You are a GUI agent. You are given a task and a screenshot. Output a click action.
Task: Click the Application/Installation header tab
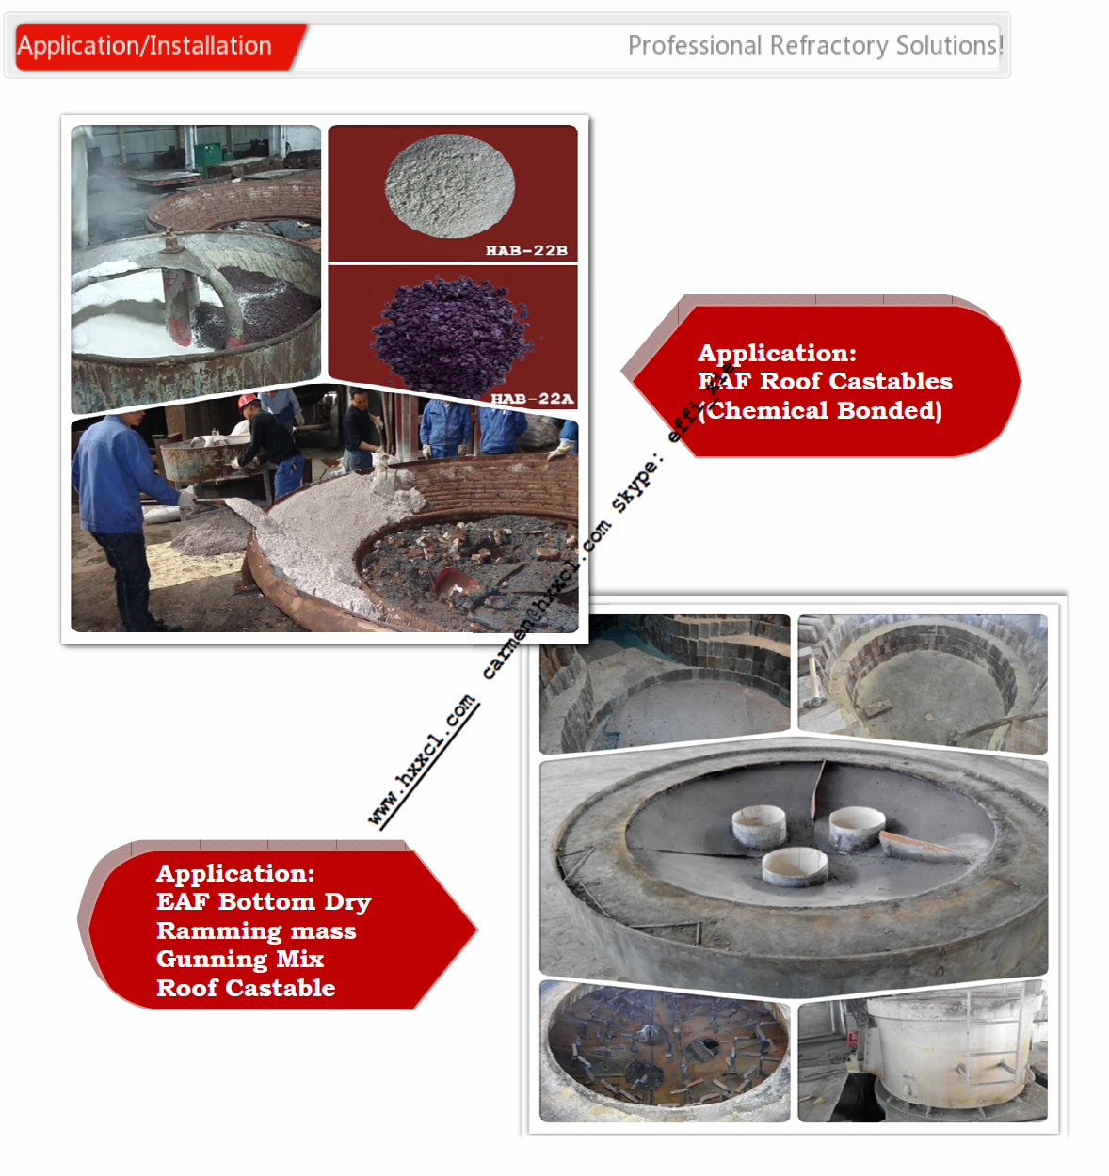tap(146, 46)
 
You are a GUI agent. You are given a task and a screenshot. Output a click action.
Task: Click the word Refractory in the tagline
tap(828, 46)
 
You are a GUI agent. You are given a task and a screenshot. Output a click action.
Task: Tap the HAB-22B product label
tap(526, 250)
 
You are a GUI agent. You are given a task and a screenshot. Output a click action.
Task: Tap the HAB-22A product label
tap(532, 399)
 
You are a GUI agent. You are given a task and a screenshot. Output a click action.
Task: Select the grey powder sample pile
tap(449, 184)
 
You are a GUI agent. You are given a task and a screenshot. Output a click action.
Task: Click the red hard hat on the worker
tap(248, 403)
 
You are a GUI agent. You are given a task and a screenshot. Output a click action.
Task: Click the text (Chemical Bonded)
tap(820, 411)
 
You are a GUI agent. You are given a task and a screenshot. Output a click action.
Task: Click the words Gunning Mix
tap(240, 960)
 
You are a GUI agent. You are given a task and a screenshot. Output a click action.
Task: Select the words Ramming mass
tap(256, 931)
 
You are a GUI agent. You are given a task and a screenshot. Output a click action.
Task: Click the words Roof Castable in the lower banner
tap(246, 989)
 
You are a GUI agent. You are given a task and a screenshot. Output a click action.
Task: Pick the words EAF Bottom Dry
tap(264, 902)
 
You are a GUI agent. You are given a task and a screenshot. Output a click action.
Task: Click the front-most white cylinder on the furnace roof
tap(795, 867)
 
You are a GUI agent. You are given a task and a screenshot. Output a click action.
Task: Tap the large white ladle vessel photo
tap(923, 1051)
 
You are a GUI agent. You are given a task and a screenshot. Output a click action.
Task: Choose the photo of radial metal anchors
tap(665, 1051)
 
